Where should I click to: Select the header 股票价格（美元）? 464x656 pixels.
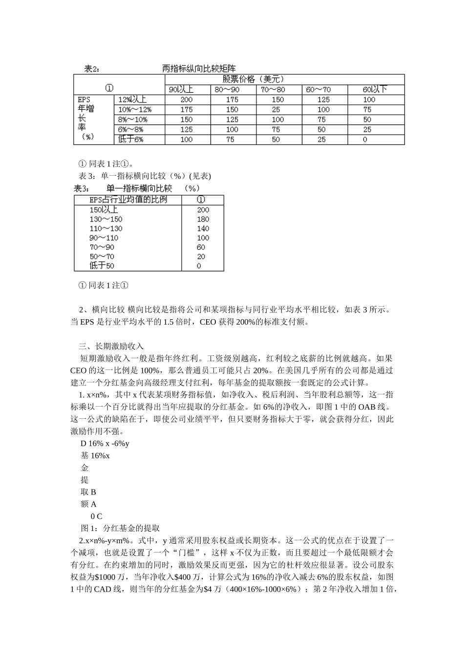click(253, 79)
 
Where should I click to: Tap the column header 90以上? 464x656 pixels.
click(181, 89)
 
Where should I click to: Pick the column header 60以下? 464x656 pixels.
click(375, 89)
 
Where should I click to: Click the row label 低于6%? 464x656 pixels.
click(131, 140)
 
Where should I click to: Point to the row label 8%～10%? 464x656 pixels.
click(133, 120)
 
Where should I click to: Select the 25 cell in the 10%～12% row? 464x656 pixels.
click(276, 110)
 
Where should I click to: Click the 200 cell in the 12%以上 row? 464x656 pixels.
click(187, 100)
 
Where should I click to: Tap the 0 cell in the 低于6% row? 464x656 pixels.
click(365, 140)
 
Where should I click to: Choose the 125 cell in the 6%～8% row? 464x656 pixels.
click(187, 130)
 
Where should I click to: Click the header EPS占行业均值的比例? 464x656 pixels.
click(128, 200)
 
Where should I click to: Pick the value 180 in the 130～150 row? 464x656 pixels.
click(203, 219)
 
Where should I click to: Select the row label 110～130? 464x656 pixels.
click(105, 228)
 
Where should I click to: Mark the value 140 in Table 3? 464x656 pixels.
click(203, 228)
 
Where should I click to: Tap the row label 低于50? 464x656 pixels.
click(102, 266)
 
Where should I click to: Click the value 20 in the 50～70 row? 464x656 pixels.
click(201, 257)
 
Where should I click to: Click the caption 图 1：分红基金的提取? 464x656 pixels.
click(120, 528)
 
